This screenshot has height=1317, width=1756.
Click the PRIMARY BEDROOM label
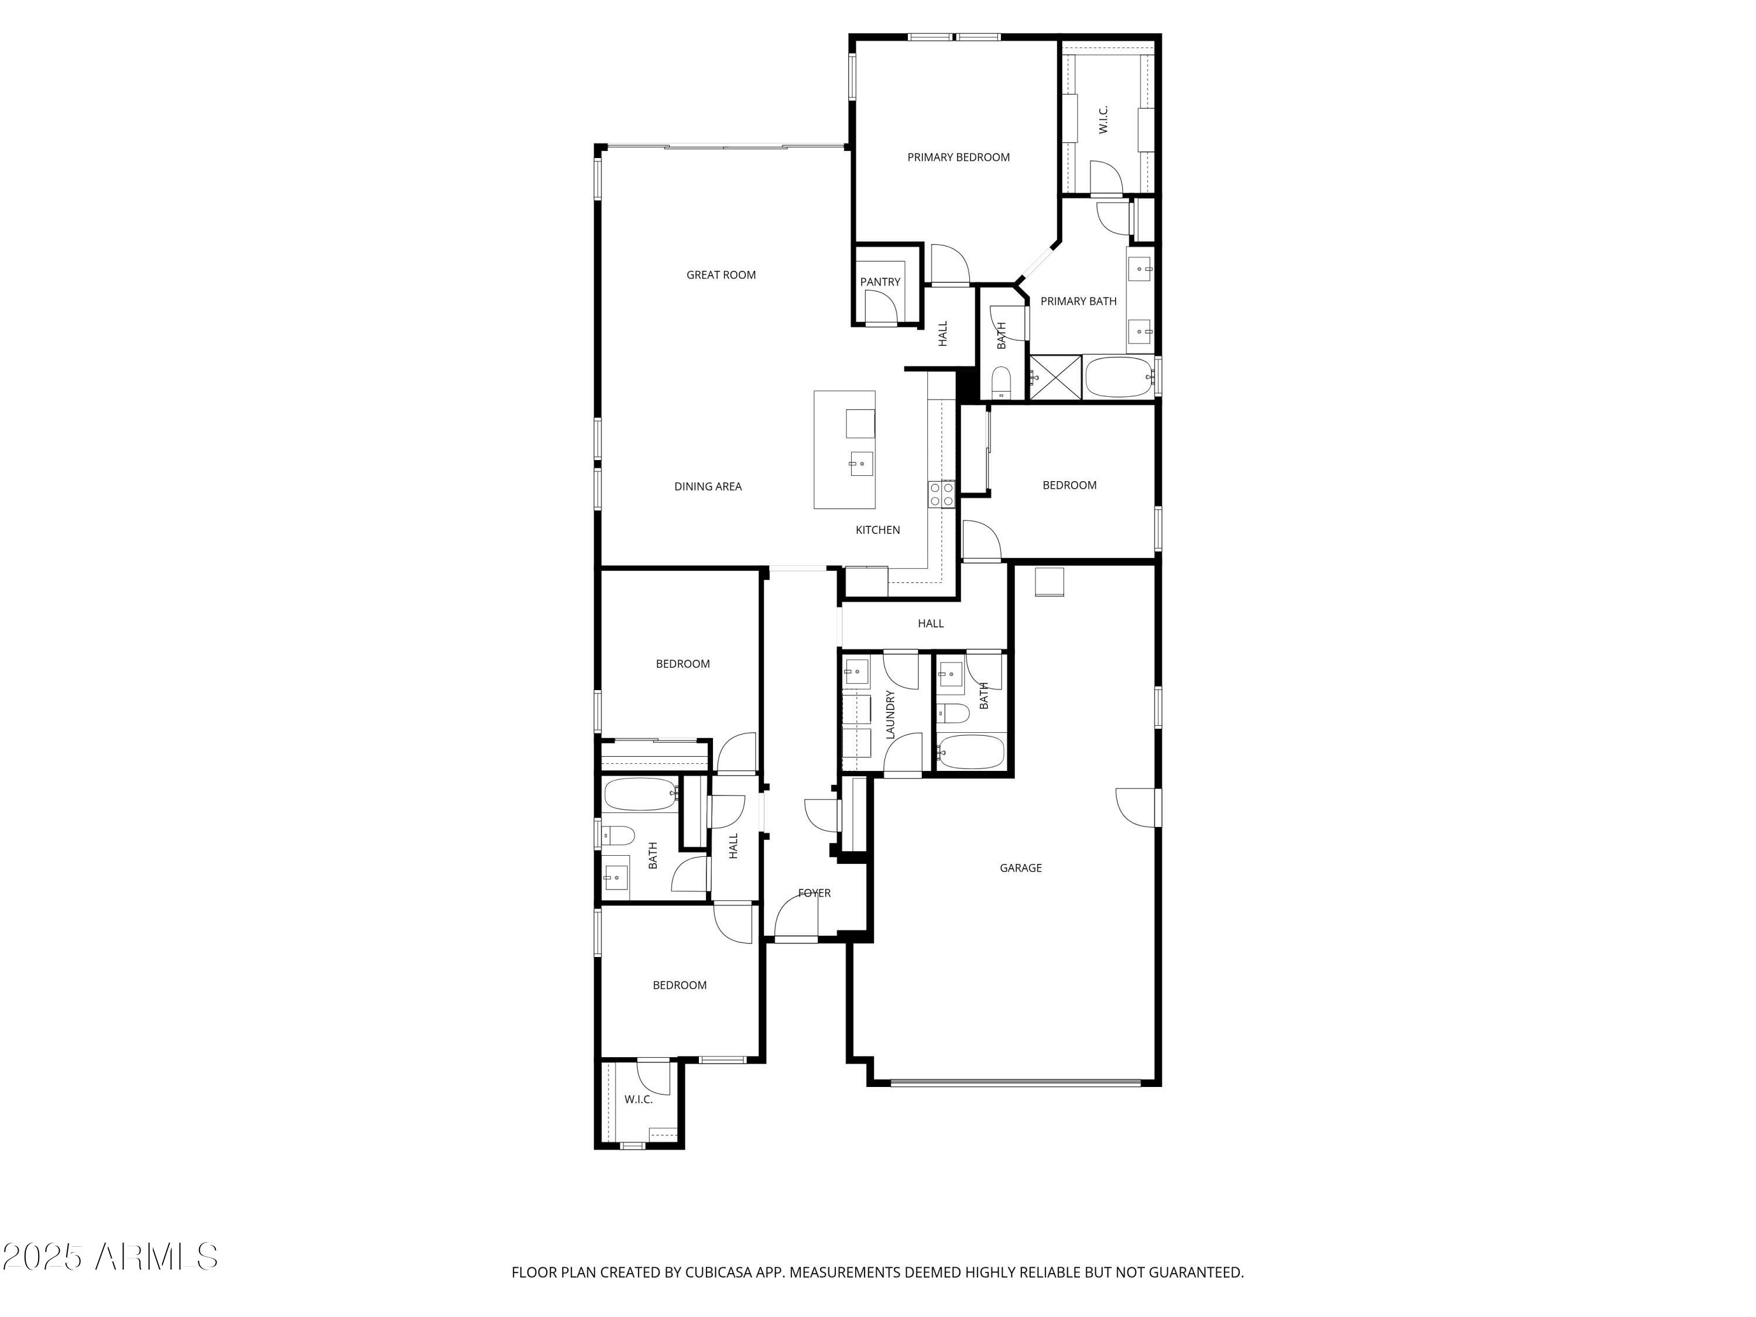(x=958, y=157)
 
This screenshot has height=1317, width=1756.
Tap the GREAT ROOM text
(x=721, y=275)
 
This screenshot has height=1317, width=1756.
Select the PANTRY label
(x=880, y=282)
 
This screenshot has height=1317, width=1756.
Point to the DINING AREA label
(x=707, y=486)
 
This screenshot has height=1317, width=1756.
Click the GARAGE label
(x=1020, y=867)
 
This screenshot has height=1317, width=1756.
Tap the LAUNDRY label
(x=890, y=715)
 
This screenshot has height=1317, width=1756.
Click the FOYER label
(x=814, y=893)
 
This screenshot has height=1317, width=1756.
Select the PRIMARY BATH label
(x=1078, y=301)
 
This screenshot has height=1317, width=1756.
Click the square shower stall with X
(x=1055, y=378)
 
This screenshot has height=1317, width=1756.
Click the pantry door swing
(x=880, y=308)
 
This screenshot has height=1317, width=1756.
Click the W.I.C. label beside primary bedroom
(x=1103, y=119)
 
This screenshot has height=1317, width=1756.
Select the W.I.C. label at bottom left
(x=638, y=1099)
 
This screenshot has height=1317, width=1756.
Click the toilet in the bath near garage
(x=952, y=714)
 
